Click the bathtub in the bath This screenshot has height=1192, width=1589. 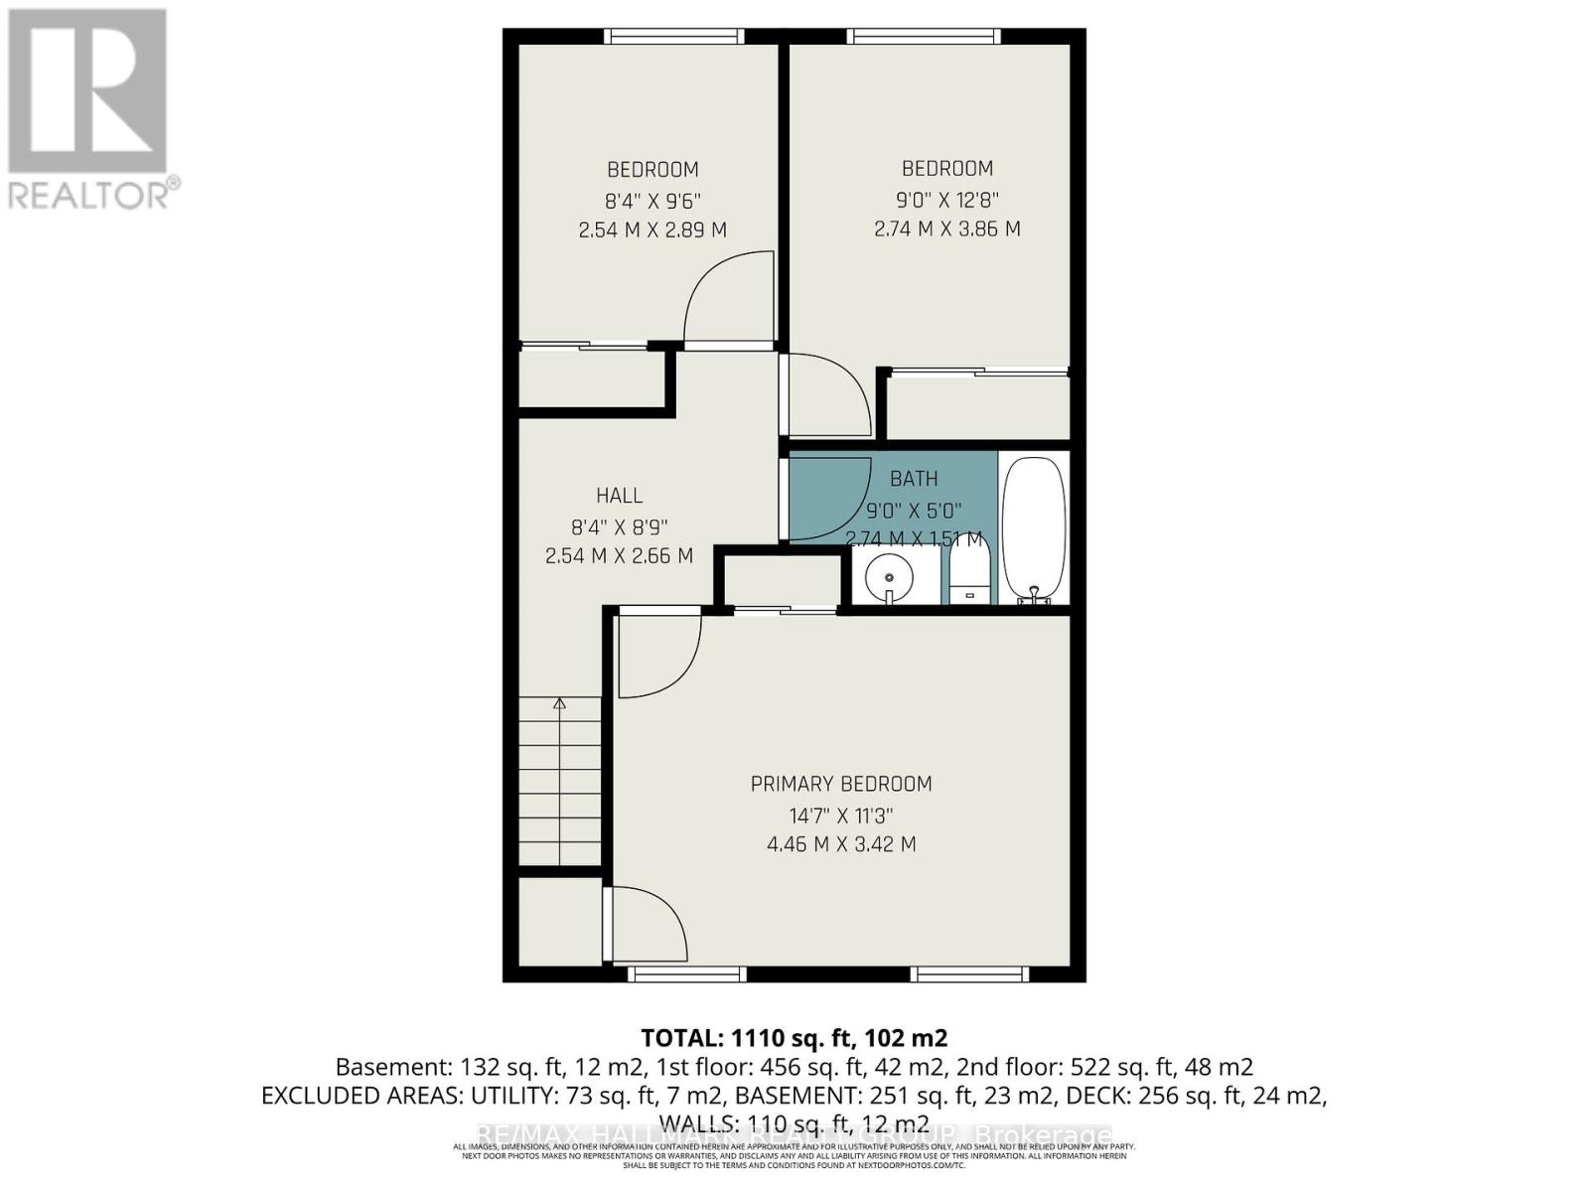coord(1034,528)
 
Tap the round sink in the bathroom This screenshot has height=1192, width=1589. coord(888,577)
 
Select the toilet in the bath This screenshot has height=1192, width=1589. coord(970,577)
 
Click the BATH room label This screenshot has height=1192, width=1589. coord(914,479)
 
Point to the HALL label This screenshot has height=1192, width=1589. coord(619,495)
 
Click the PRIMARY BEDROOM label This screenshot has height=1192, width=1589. coord(841,784)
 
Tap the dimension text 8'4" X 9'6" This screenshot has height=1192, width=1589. coord(652,201)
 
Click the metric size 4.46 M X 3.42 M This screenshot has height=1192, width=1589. coord(841,844)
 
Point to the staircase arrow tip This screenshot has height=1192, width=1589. coord(559,701)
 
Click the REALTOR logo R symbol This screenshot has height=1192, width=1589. coord(87,91)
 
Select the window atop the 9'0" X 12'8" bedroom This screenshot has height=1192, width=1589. coord(924,37)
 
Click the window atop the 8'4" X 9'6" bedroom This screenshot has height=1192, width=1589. coord(674,37)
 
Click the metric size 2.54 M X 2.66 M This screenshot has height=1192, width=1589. coord(619,556)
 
